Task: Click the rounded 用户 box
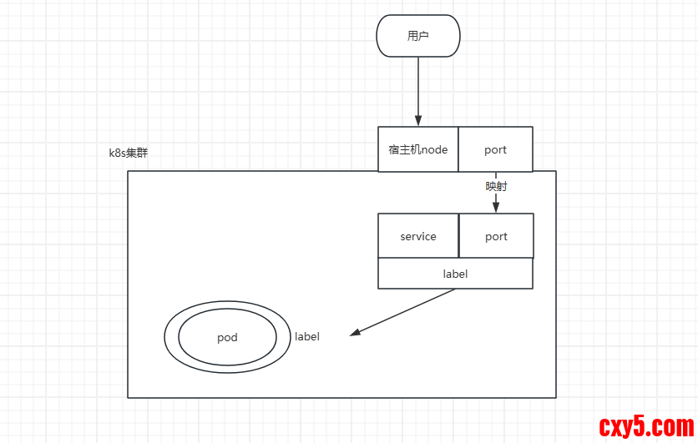click(418, 36)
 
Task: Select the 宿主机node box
click(418, 149)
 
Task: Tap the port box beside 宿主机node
click(495, 149)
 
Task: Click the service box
click(418, 236)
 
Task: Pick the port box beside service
click(496, 236)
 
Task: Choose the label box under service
click(455, 274)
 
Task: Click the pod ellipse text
click(227, 338)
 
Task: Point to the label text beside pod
click(307, 337)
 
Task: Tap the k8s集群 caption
click(129, 153)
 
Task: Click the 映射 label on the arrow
click(496, 186)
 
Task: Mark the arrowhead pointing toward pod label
click(356, 333)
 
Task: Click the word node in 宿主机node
click(434, 150)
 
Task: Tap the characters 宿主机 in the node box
click(404, 150)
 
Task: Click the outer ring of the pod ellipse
click(170, 338)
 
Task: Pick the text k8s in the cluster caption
click(118, 153)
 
